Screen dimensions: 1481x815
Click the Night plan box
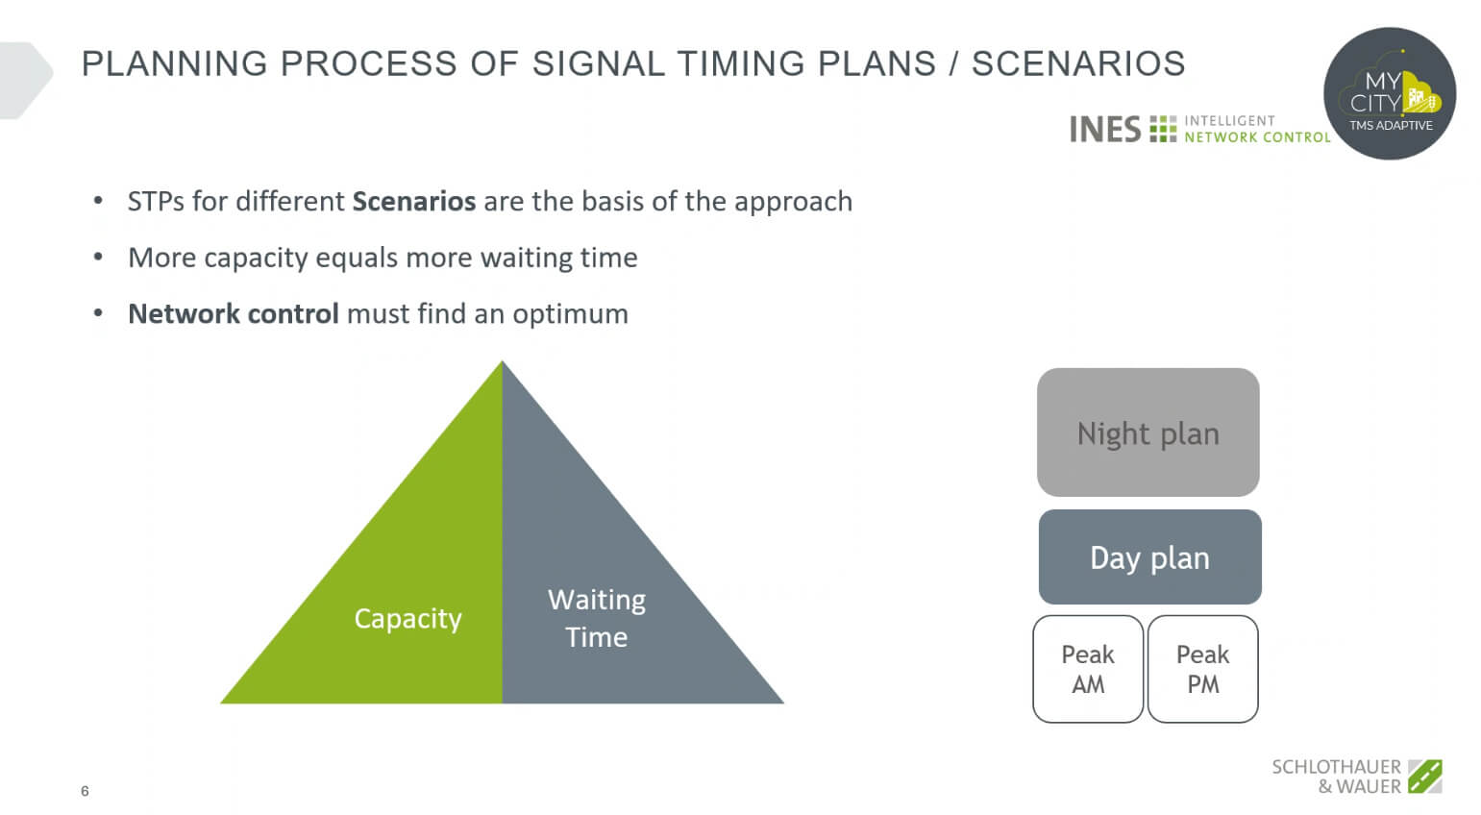(x=1148, y=432)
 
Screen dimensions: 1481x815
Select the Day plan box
(x=1149, y=556)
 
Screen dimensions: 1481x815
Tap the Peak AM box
(x=1088, y=669)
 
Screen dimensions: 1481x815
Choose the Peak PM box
(x=1202, y=669)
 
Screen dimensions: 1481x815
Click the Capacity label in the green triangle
(x=407, y=619)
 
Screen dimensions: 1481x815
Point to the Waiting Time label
(x=597, y=618)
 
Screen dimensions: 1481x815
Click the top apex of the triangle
(x=502, y=361)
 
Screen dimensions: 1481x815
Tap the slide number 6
(x=85, y=791)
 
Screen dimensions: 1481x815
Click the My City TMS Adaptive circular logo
(x=1389, y=93)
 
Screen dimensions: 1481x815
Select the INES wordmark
(x=1105, y=129)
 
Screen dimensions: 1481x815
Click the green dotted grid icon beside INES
(x=1163, y=129)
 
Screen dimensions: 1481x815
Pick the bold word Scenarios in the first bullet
(x=414, y=201)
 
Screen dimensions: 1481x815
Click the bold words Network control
(x=234, y=313)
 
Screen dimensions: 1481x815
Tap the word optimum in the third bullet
(x=571, y=314)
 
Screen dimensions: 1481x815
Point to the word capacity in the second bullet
(x=256, y=259)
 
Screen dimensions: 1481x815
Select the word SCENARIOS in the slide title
(x=1078, y=63)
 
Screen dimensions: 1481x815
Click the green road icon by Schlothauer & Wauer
(x=1425, y=776)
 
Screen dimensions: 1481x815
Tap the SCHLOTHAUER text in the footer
(x=1336, y=767)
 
